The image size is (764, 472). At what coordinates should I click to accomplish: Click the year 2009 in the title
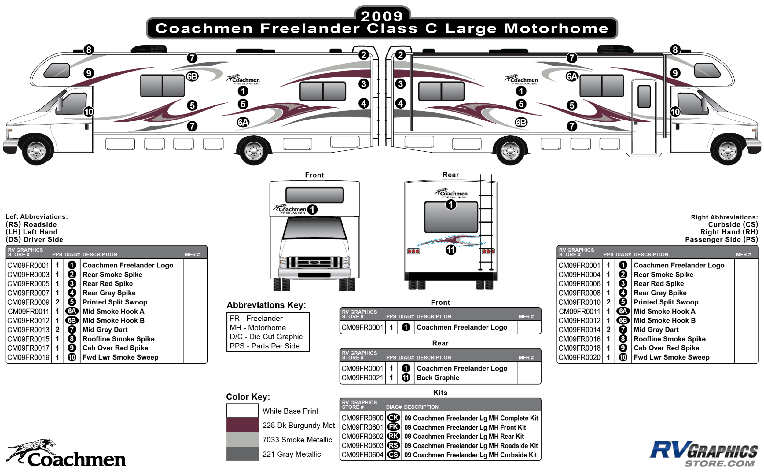click(x=382, y=16)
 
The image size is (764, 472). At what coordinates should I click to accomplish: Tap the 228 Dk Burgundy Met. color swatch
click(x=242, y=425)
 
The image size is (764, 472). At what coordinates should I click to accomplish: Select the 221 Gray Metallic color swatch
click(x=242, y=454)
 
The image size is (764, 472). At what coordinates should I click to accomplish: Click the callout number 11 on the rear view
click(x=451, y=250)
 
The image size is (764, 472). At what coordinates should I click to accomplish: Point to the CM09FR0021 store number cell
click(x=362, y=378)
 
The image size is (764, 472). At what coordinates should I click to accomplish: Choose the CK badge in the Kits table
click(x=393, y=418)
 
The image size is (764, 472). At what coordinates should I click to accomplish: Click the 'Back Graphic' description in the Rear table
click(x=438, y=378)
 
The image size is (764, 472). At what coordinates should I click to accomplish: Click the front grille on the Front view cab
click(x=314, y=262)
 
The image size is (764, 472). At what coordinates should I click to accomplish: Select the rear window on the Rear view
click(x=451, y=217)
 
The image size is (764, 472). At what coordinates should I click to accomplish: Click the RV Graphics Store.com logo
click(x=704, y=454)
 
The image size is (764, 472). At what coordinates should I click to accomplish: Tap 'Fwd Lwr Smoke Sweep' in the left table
click(x=120, y=357)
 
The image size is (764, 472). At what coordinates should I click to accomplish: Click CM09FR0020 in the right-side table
click(x=579, y=357)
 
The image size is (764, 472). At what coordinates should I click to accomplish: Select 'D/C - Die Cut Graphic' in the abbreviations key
click(x=266, y=337)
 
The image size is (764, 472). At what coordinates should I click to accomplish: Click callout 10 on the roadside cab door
click(x=89, y=112)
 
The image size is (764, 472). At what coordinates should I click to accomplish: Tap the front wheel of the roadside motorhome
click(x=36, y=151)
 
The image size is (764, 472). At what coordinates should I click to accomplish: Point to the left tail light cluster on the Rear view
click(x=413, y=251)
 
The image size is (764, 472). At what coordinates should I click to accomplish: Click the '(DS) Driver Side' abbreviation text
click(x=34, y=239)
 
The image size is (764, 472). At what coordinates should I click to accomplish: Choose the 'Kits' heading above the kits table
click(x=440, y=393)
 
